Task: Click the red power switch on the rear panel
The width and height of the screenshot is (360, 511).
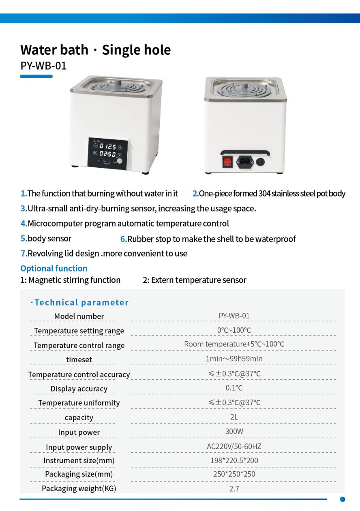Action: [227, 162]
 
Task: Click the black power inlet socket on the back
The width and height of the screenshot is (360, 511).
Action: [244, 161]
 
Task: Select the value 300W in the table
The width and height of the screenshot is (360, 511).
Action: [234, 432]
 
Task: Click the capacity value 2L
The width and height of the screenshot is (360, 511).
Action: [234, 417]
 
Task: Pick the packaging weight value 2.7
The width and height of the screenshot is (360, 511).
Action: [234, 489]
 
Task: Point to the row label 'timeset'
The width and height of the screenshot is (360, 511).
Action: [79, 360]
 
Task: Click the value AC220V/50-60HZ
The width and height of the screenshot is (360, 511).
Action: [234, 447]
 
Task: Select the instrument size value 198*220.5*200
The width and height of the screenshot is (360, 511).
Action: [234, 460]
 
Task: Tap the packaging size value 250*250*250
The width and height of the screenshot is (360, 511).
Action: [234, 474]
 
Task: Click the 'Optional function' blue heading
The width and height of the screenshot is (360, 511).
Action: [54, 269]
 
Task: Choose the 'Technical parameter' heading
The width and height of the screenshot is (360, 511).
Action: [81, 303]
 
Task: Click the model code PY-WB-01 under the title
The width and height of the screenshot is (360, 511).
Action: [43, 66]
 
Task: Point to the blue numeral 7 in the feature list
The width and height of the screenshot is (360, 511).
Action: [24, 254]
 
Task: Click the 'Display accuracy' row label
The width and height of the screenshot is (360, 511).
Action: [79, 389]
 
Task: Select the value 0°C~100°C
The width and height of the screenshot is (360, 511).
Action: [234, 330]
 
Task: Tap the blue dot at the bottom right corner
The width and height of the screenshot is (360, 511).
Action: [343, 499]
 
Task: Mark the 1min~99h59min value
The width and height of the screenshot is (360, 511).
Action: [234, 359]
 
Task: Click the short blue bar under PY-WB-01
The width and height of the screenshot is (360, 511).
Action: [36, 76]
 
